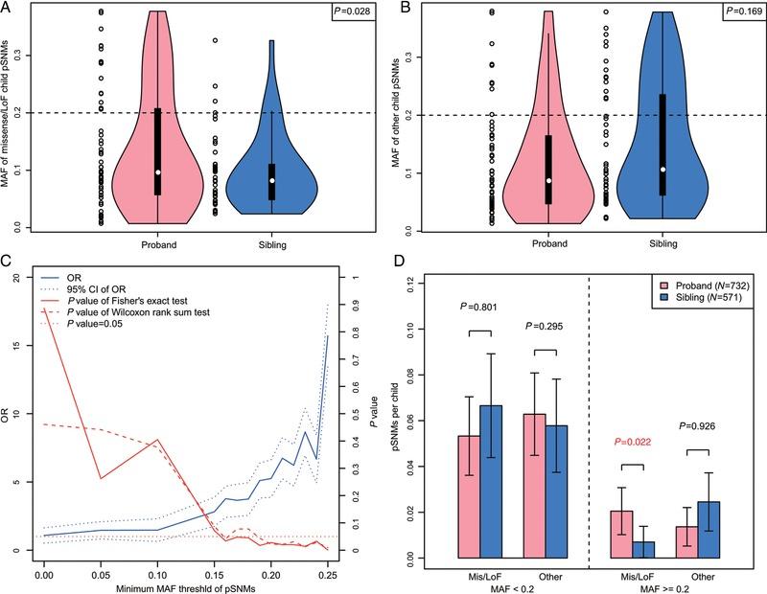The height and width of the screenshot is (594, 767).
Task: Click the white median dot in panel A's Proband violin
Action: tap(158, 172)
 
